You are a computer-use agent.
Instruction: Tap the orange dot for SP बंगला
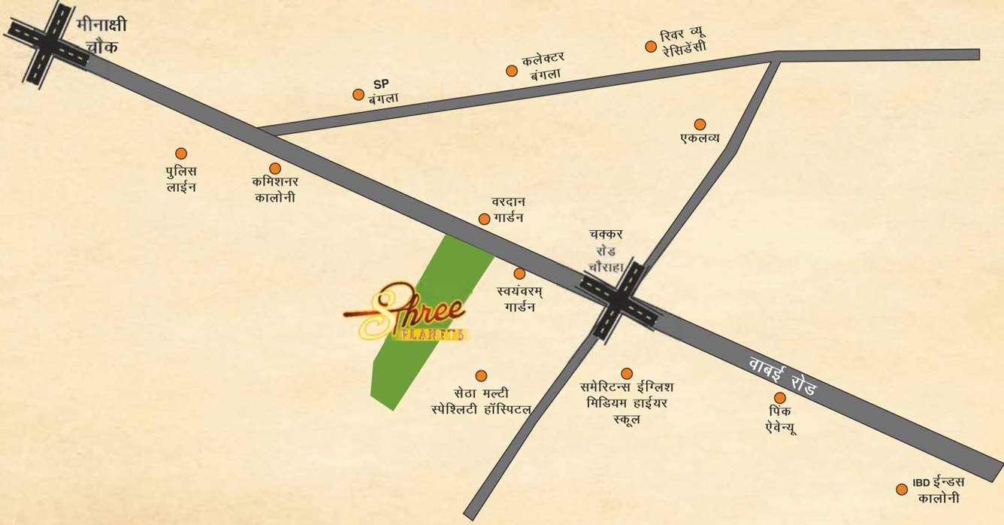[x=358, y=95]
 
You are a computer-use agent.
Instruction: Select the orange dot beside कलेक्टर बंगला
[x=512, y=71]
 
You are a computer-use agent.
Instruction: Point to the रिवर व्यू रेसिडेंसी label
[x=683, y=42]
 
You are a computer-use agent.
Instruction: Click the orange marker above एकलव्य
[x=700, y=124]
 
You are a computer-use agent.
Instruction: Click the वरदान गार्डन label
[x=508, y=210]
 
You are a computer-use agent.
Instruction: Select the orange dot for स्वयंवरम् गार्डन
[x=519, y=274]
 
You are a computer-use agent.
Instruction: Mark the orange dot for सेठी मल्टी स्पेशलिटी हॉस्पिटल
[x=481, y=375]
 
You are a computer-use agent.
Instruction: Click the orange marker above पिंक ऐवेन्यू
[x=780, y=398]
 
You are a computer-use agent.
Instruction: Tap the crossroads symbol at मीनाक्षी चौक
[x=47, y=43]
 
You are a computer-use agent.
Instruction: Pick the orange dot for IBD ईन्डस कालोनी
[x=902, y=489]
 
